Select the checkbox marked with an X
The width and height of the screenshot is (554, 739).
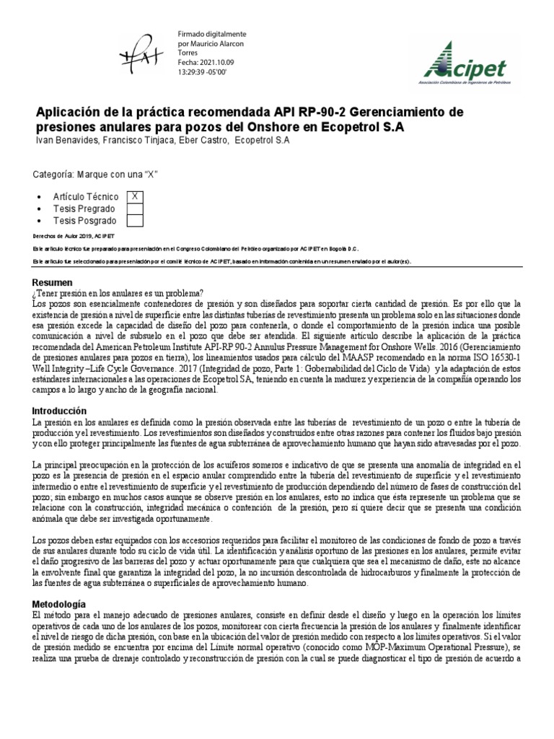135,196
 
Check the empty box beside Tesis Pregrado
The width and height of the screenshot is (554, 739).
135,209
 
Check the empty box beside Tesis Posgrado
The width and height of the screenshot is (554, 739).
135,221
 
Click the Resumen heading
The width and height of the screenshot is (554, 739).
53,282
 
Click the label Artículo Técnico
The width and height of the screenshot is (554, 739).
86,196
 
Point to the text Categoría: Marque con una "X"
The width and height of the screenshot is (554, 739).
96,175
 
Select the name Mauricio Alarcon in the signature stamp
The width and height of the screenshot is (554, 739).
220,44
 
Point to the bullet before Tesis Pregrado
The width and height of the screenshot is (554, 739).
37,209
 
